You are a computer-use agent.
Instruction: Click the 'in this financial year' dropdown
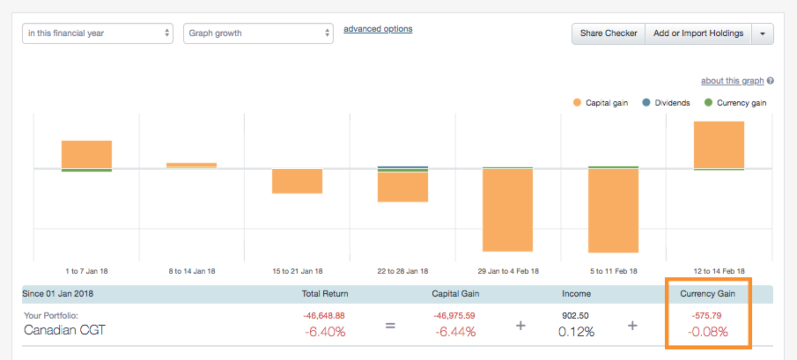[97, 33]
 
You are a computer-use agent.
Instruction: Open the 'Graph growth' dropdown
[258, 33]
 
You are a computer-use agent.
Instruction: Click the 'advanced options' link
[378, 29]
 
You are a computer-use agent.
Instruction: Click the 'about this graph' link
[732, 81]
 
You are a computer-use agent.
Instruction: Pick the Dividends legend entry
[671, 103]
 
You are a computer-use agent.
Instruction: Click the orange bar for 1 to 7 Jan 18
[86, 154]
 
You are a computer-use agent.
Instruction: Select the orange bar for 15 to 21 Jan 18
[297, 180]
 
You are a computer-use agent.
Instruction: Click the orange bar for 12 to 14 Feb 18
[720, 144]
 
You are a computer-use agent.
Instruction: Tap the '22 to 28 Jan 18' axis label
[402, 270]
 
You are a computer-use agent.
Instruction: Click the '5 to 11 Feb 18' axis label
[613, 270]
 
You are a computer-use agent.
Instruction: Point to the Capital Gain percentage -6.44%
[454, 332]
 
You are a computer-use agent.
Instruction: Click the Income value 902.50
[576, 314]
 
